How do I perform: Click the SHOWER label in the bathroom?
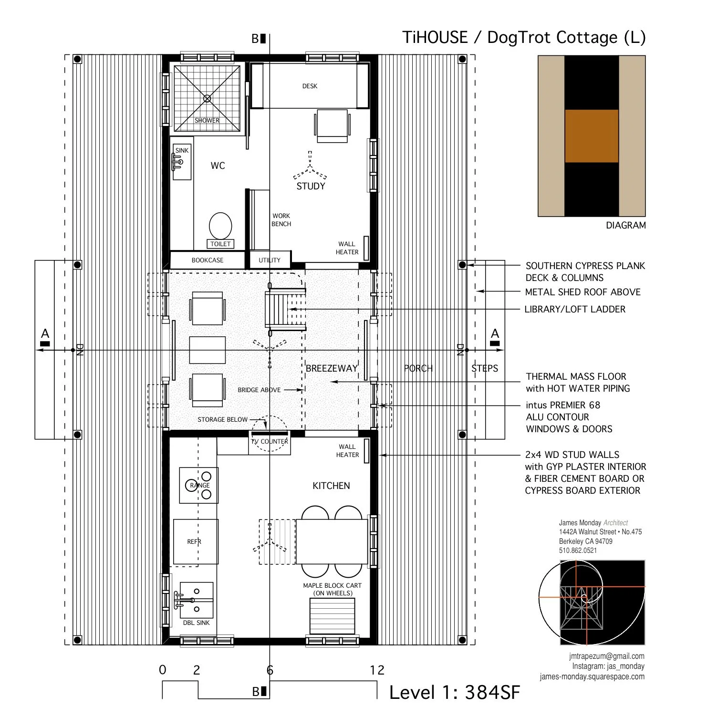tap(207, 120)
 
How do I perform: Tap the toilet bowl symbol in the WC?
tap(220, 225)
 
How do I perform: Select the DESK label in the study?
tap(310, 86)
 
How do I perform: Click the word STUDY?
tap(311, 187)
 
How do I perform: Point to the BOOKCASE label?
tap(208, 260)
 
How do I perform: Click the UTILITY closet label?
tap(270, 260)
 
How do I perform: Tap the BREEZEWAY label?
tap(332, 368)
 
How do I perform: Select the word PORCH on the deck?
tap(418, 368)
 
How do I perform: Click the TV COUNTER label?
tap(270, 441)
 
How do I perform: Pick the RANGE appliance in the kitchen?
tap(199, 485)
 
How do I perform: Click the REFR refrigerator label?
tap(194, 541)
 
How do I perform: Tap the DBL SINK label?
tap(197, 623)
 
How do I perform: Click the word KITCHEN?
tap(331, 486)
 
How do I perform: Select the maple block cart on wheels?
tap(333, 615)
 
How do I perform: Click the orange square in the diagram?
tap(592, 136)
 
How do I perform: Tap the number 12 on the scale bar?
tap(377, 670)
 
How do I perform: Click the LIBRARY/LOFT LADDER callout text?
tap(575, 309)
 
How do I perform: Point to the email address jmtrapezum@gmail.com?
tap(606, 656)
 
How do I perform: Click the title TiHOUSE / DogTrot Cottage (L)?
tap(524, 37)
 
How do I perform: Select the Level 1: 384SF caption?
tap(454, 693)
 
